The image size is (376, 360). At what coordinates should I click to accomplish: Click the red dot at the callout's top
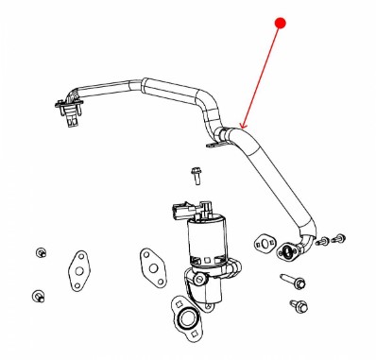point(280,21)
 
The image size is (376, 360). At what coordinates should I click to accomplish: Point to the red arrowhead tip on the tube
point(242,129)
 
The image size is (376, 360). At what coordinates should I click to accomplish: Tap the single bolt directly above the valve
point(196,175)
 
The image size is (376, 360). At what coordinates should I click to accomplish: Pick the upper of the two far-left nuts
point(42,252)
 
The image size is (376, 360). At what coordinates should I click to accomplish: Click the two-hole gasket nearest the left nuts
point(77,272)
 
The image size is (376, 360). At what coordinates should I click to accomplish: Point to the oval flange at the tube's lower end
point(287,251)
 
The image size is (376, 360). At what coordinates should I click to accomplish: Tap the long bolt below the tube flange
point(292,281)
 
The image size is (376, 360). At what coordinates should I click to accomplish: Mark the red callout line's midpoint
point(261,75)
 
